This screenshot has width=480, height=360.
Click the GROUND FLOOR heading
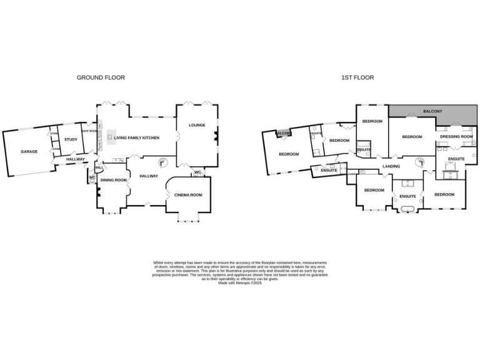101,77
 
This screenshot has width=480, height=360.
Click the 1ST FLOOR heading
357,77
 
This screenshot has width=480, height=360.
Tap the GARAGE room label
29,151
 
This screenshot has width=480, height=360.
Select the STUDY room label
71,139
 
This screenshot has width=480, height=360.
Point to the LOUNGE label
197,125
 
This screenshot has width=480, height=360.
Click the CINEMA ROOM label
188,196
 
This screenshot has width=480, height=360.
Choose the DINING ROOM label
114,180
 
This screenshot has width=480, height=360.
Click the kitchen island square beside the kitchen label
110,137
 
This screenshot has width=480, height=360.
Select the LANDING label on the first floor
391,166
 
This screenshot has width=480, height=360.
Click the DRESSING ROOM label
456,136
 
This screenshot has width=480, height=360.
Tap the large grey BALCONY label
432,111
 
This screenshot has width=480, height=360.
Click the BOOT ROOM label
89,131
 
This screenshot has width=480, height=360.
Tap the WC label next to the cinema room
197,172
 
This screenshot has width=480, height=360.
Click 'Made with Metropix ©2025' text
240,283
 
